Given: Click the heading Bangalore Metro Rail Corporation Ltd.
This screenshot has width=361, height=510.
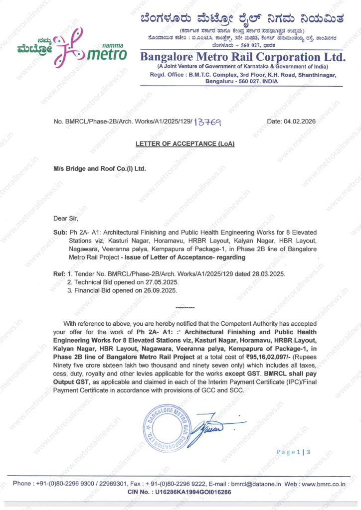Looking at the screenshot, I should click(243, 57).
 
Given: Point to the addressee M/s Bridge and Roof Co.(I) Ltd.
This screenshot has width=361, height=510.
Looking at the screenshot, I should click(100, 169).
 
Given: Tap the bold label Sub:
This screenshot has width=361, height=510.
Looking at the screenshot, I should click(60, 233).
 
